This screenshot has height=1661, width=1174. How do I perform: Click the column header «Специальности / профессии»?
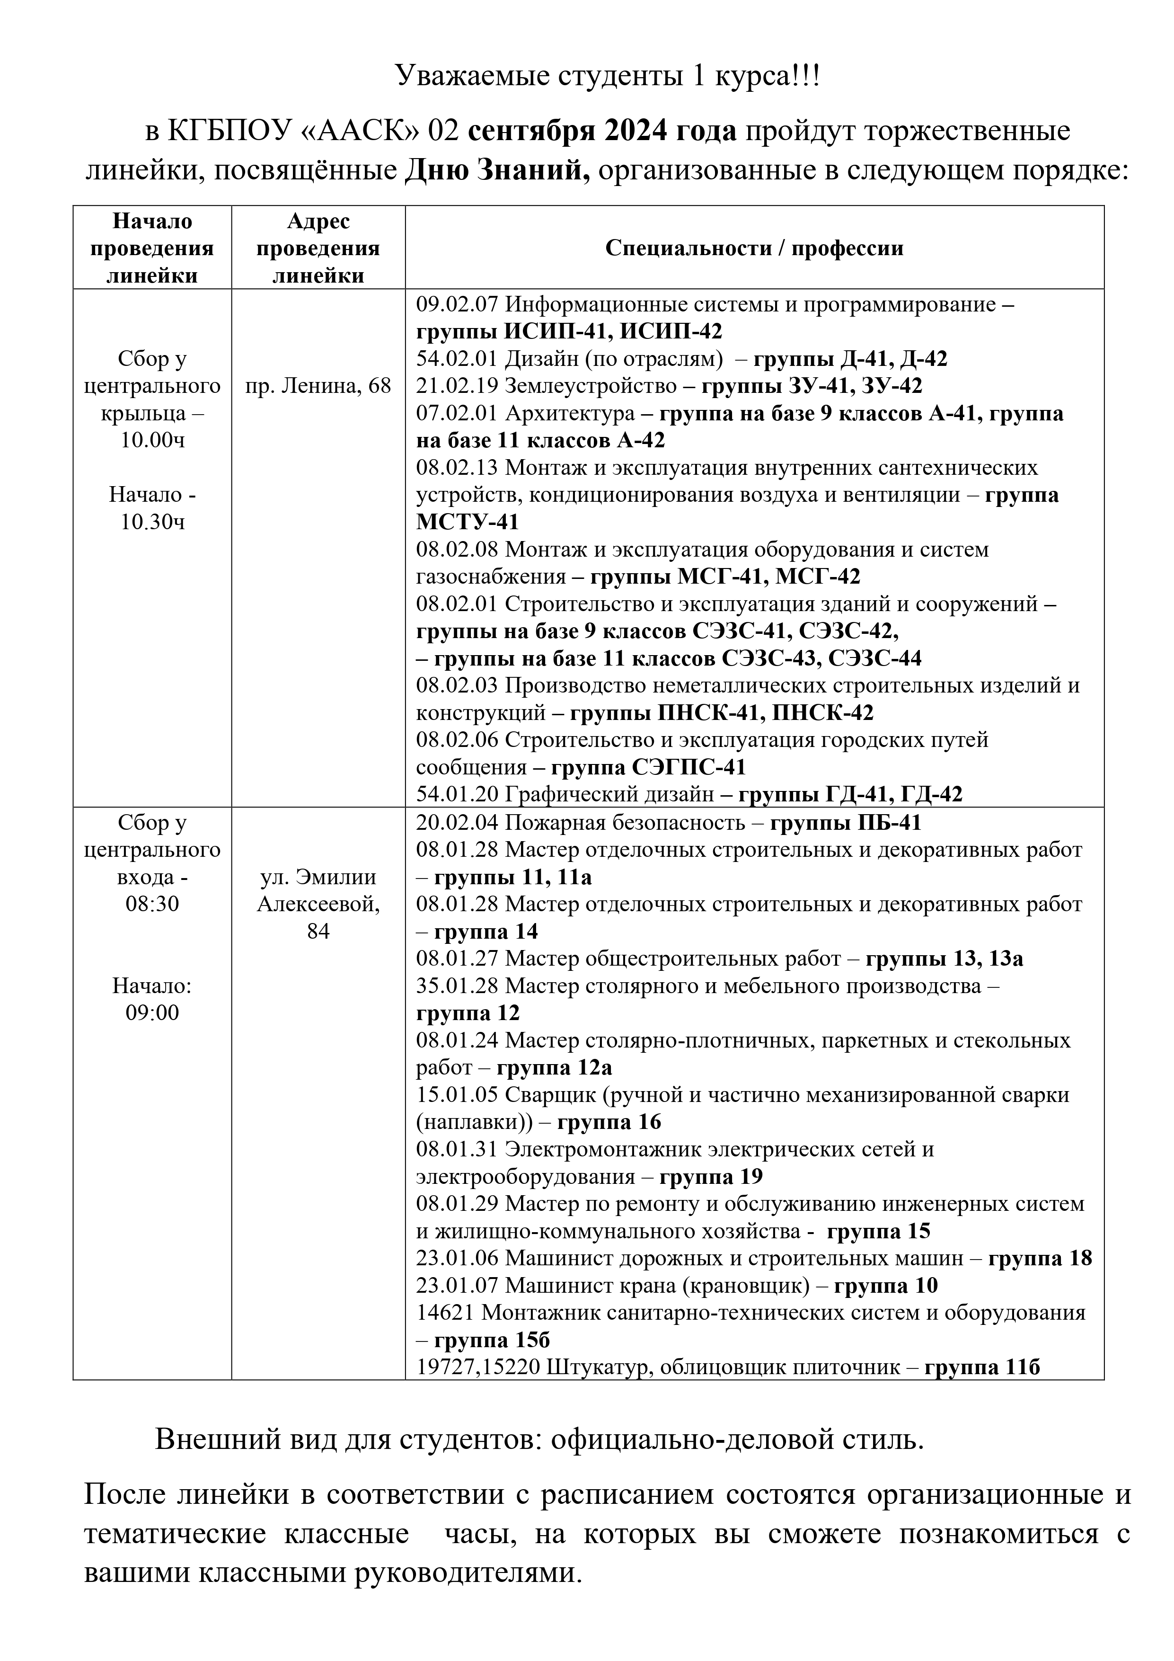[754, 248]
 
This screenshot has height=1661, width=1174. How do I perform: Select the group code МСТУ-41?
[468, 522]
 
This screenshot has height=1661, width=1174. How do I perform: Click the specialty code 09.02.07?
[457, 304]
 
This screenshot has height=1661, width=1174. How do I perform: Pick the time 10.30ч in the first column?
[153, 522]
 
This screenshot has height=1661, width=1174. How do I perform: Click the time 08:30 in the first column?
[153, 904]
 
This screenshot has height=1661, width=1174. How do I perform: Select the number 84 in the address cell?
[318, 932]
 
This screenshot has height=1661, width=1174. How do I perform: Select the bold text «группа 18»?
[1040, 1259]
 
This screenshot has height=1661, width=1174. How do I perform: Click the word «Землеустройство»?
[590, 386]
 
